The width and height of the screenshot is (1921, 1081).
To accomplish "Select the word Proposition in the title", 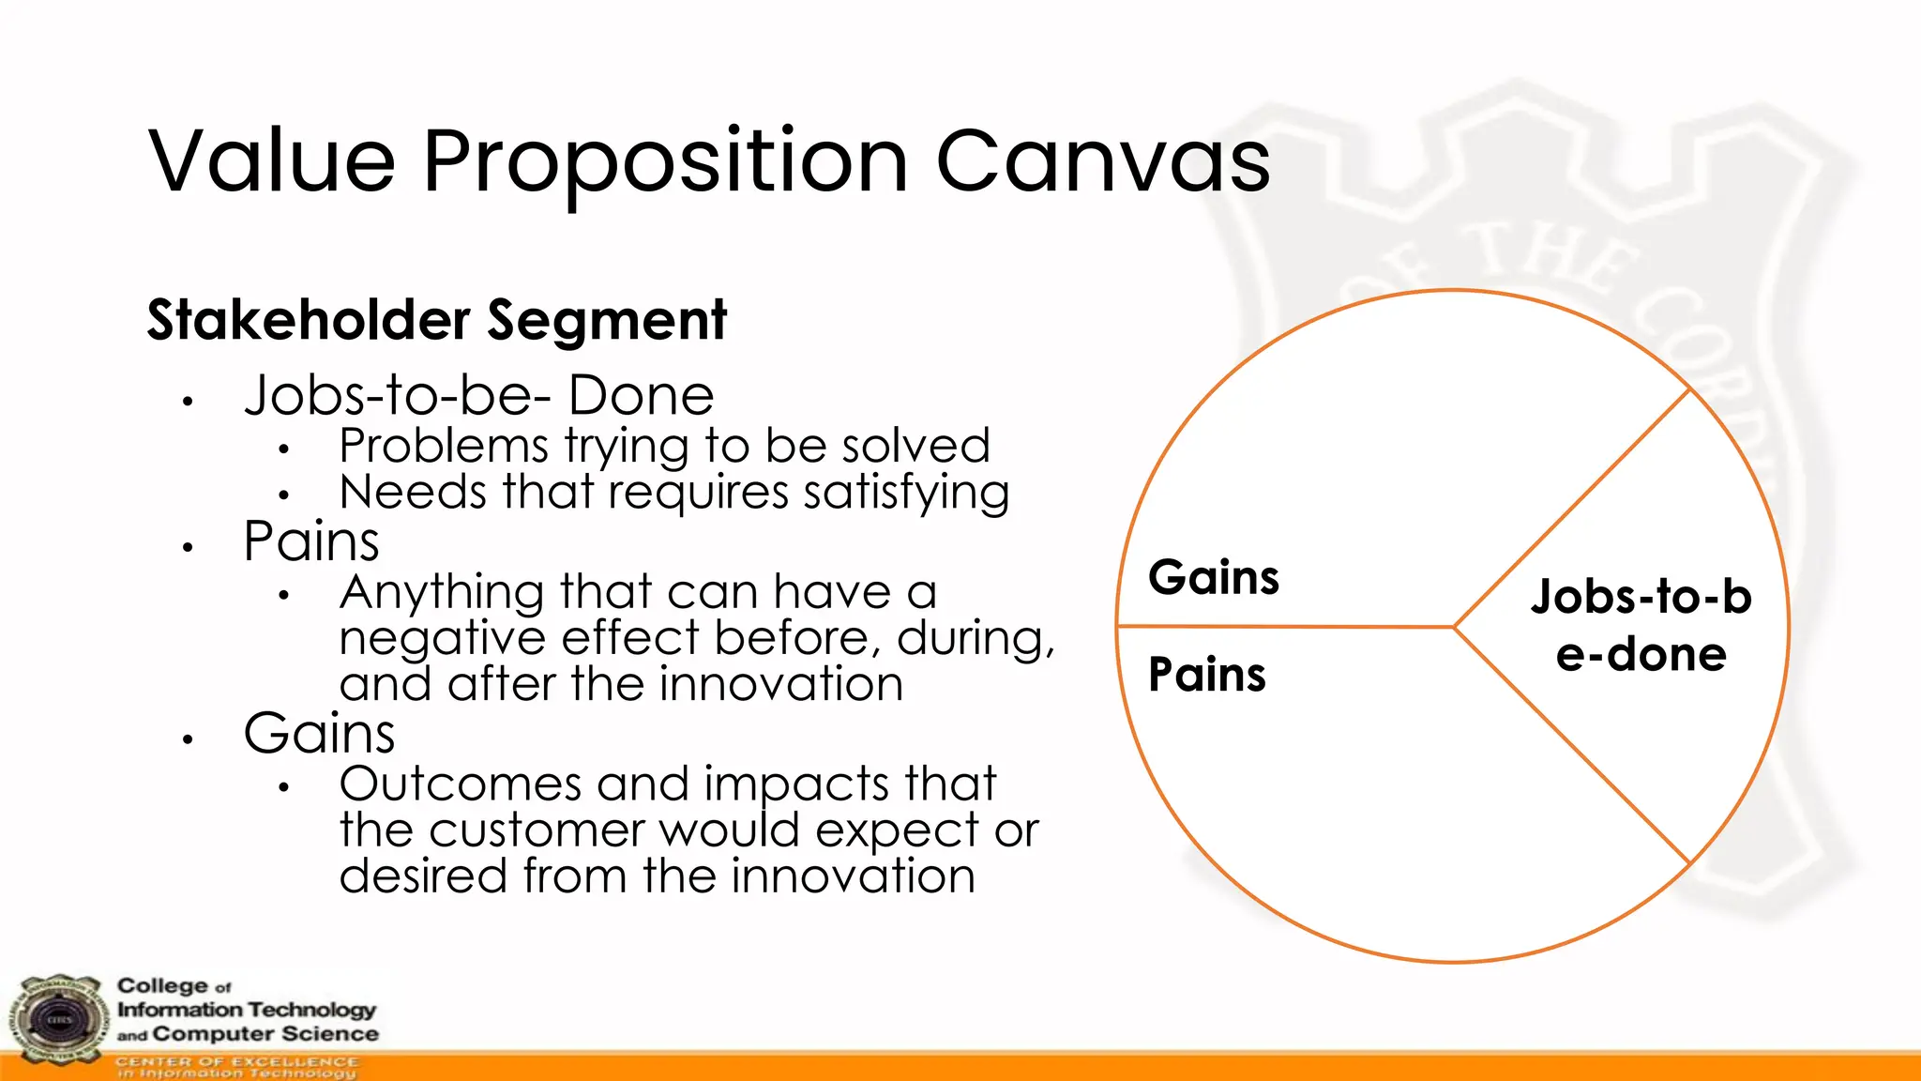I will pyautogui.click(x=665, y=163).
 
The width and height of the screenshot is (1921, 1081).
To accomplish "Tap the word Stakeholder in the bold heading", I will pyautogui.click(x=309, y=320).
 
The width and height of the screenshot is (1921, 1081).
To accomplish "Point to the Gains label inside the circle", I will pyautogui.click(x=1214, y=577).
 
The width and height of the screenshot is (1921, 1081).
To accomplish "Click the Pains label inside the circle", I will pyautogui.click(x=1207, y=675).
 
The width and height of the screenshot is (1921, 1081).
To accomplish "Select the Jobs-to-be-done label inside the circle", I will pyautogui.click(x=1641, y=626).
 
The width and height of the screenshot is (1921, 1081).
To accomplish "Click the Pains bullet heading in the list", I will pyautogui.click(x=311, y=541).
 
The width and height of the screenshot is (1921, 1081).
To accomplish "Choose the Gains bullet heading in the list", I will pyautogui.click(x=319, y=733).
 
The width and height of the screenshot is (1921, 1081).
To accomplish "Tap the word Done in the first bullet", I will pyautogui.click(x=642, y=395).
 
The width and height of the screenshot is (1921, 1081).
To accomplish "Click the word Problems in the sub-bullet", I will pyautogui.click(x=443, y=446).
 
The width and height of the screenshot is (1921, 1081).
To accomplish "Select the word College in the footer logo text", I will pyautogui.click(x=162, y=985).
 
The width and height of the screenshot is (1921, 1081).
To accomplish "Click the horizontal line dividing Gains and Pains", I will pyautogui.click(x=1285, y=626).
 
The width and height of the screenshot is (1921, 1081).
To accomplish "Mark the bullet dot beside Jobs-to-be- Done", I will pyautogui.click(x=188, y=402).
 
